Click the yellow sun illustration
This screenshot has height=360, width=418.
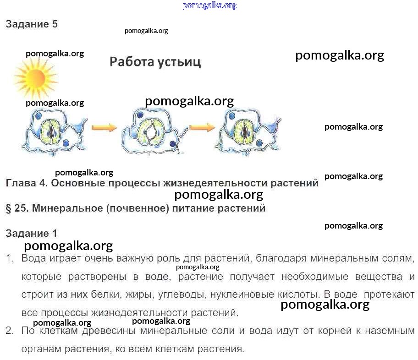point(36,78)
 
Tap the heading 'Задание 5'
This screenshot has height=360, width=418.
point(32,24)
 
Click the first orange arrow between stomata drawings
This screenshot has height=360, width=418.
point(104,128)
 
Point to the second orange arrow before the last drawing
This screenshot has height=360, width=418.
point(202,128)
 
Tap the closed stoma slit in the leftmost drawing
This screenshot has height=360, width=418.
point(51,131)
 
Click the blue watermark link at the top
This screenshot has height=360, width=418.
point(209,5)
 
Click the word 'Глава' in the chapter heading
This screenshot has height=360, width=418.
point(21,183)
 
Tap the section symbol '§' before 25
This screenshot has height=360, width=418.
point(9,208)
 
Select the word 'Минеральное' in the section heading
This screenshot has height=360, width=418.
point(67,208)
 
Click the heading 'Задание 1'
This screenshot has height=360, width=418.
point(32,234)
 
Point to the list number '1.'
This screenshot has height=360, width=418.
point(10,258)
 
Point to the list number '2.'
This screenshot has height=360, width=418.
point(10,331)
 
